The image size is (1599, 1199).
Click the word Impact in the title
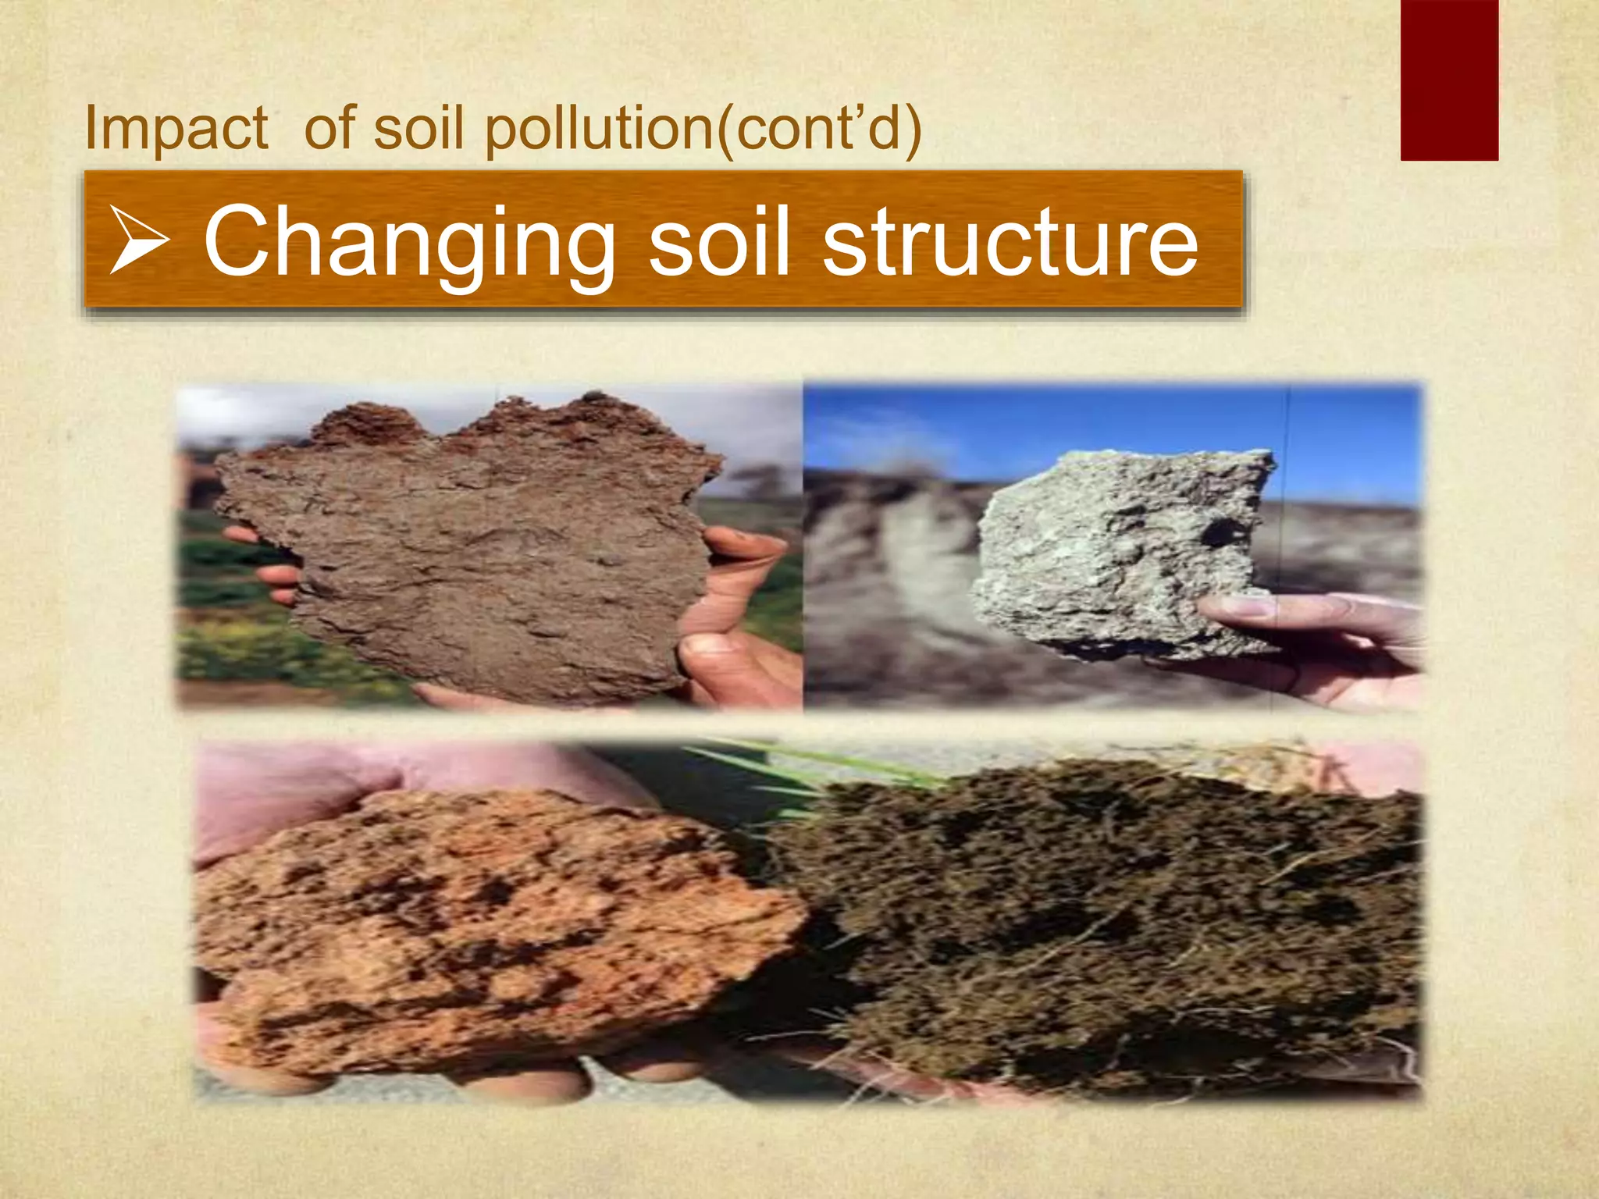click(176, 129)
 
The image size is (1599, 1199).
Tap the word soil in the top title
click(418, 129)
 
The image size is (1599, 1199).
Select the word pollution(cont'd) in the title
click(703, 129)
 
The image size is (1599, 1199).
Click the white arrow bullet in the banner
click(139, 240)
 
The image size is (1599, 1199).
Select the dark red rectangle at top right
click(1448, 80)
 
